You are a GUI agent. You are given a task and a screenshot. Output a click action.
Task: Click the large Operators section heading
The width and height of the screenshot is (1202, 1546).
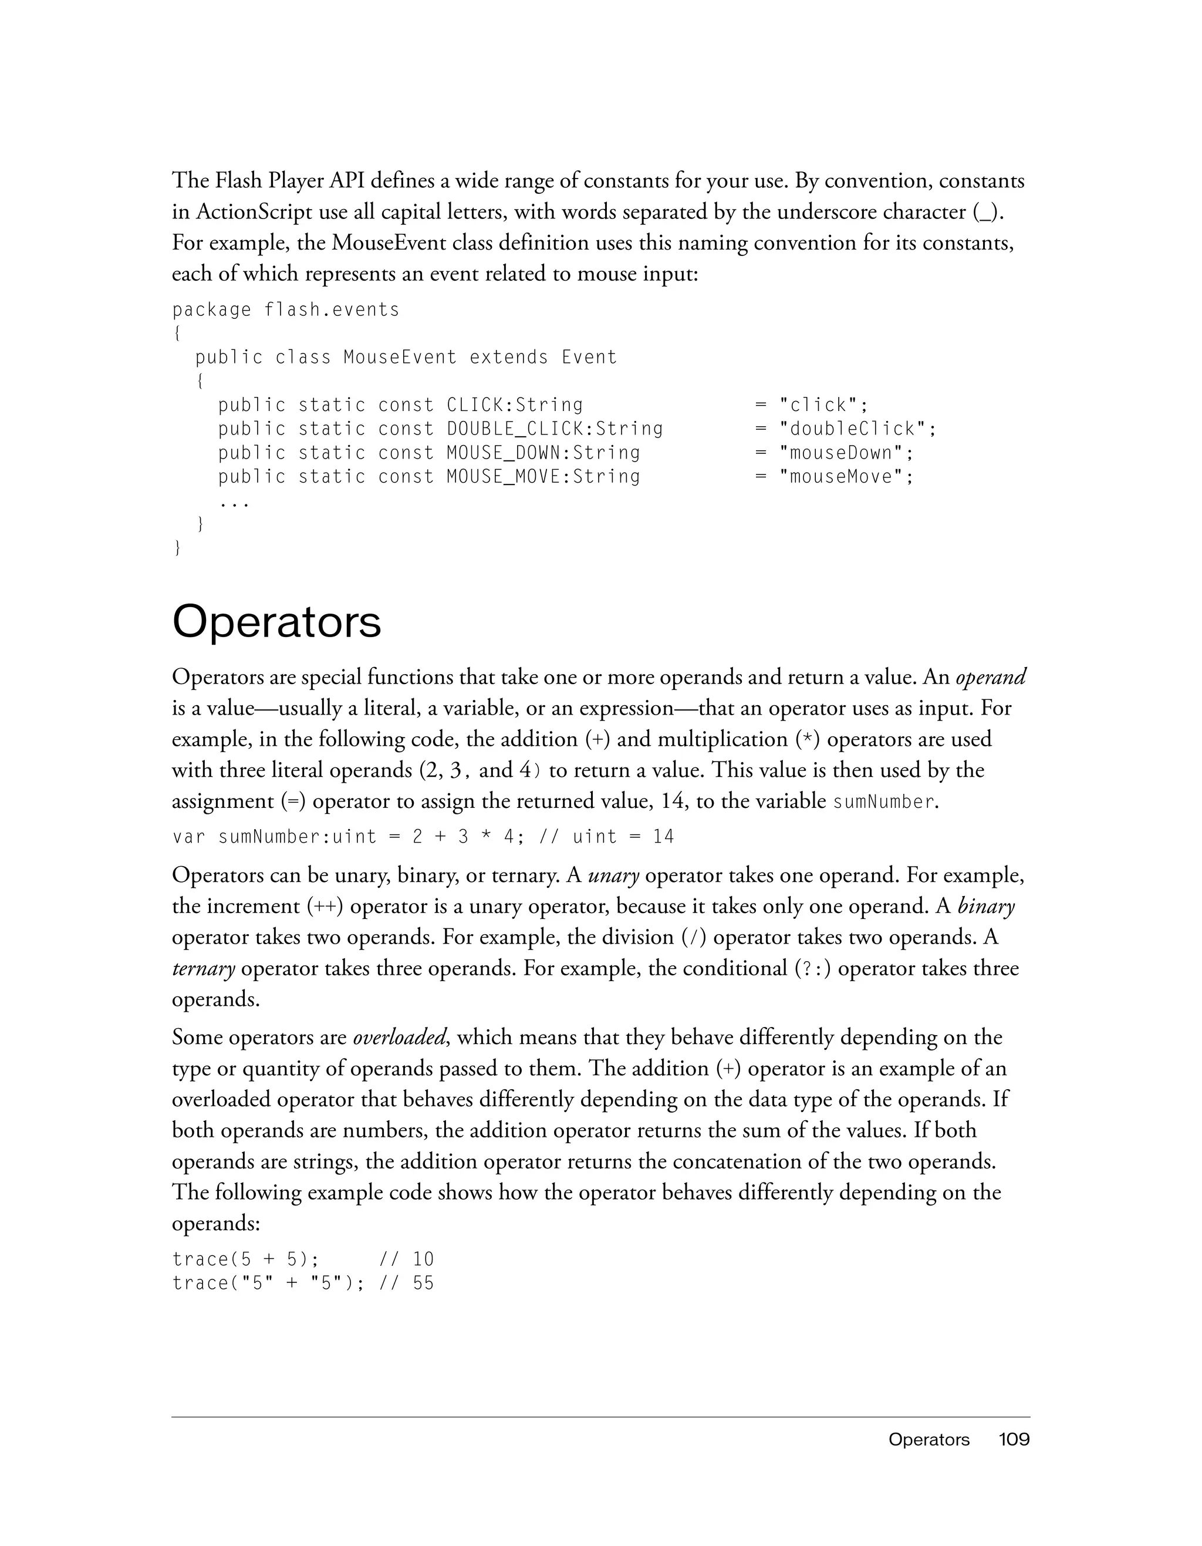(x=276, y=622)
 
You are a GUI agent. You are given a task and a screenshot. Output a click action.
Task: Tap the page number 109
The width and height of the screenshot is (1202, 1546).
(x=1014, y=1439)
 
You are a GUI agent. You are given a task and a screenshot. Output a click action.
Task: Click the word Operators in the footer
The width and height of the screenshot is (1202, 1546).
(x=928, y=1439)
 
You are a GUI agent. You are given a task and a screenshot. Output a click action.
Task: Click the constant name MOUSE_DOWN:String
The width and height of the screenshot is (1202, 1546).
(x=543, y=453)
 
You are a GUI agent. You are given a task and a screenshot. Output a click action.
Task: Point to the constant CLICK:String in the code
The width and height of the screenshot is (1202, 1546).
(x=515, y=405)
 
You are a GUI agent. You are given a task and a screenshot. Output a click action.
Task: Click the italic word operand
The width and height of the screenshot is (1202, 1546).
(x=991, y=678)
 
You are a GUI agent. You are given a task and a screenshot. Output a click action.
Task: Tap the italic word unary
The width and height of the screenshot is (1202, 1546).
(x=613, y=875)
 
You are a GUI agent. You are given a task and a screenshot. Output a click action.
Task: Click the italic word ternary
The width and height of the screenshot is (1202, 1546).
(x=203, y=968)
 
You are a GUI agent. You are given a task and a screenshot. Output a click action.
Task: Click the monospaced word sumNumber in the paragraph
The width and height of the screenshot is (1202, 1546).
(x=884, y=802)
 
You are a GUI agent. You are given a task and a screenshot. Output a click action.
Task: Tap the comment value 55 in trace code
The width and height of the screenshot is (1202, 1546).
(x=423, y=1284)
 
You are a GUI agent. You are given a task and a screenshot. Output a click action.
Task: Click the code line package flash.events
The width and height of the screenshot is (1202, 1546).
(x=286, y=310)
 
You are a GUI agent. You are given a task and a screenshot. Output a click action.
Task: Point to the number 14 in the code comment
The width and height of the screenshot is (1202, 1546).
(x=664, y=837)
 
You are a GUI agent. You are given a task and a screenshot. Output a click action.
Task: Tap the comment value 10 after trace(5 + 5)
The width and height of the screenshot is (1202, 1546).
(x=423, y=1259)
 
